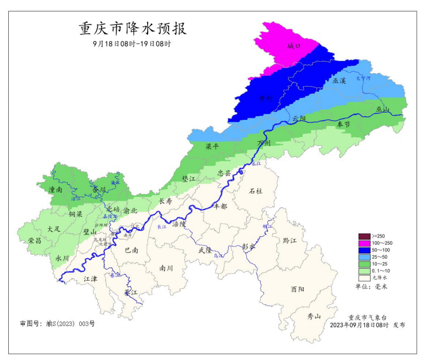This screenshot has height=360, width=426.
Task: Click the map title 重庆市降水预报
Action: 133,29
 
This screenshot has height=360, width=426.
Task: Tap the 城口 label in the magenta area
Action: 294,46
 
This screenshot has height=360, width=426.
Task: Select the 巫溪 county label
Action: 339,81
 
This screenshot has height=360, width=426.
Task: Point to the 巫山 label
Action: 382,109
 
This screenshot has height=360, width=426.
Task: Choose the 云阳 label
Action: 299,119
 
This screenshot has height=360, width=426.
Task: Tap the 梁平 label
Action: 212,147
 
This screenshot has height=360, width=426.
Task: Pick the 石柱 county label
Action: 255,191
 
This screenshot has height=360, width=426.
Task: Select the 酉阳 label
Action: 298,288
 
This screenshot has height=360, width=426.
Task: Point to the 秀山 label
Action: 315,316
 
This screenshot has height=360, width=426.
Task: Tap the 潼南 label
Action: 55,190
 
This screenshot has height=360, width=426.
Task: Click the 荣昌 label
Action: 35,241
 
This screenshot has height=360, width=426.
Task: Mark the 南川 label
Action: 166,268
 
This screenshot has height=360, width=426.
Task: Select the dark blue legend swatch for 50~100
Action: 364,251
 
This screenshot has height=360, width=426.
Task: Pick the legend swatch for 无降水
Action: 364,278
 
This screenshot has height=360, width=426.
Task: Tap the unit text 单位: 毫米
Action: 371,286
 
